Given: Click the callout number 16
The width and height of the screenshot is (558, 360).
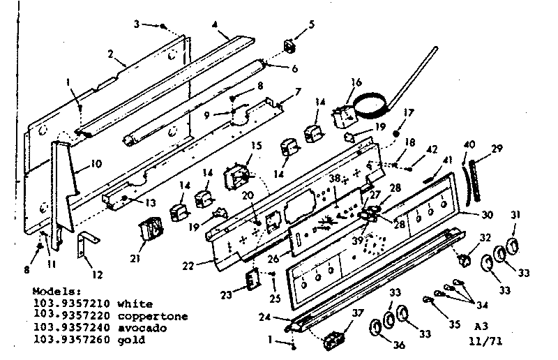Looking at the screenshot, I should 356,82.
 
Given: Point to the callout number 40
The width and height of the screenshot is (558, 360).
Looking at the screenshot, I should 469,144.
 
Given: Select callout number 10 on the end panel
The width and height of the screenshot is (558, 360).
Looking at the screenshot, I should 96,165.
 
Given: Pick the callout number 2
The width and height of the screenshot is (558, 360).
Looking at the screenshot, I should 111,54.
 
